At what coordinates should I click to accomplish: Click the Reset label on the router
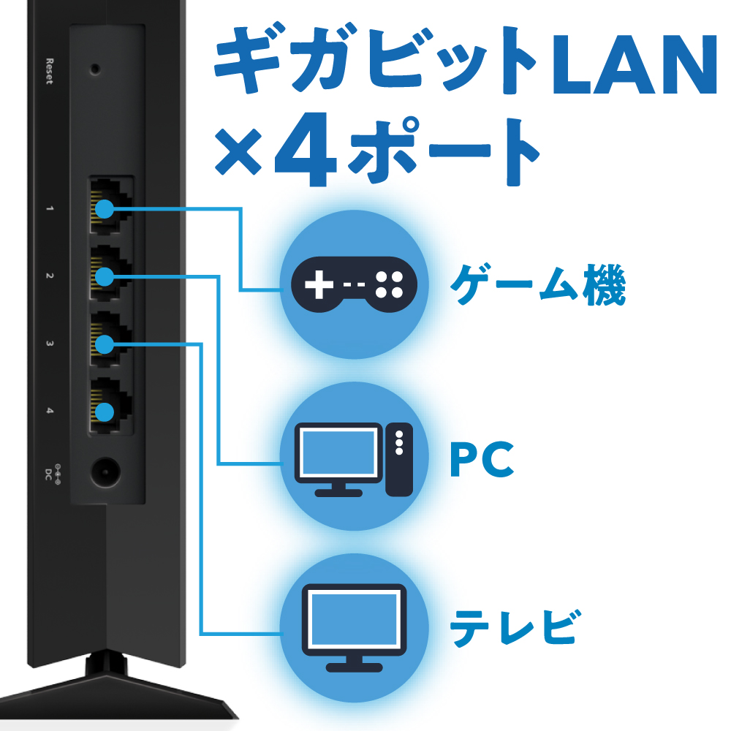[x=50, y=71]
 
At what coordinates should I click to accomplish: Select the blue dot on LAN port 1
[x=106, y=209]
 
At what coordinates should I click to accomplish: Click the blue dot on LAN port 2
[x=106, y=276]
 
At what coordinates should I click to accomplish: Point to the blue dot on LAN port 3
[x=106, y=344]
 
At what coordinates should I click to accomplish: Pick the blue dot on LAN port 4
[x=106, y=412]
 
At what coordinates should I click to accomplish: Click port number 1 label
[x=50, y=209]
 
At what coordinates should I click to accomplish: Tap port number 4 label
[x=50, y=412]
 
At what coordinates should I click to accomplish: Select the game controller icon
[x=353, y=284]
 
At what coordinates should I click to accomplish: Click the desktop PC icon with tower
[x=353, y=459]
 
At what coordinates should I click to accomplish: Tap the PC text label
[x=482, y=459]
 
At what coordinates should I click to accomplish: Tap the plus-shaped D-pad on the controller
[x=317, y=285]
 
